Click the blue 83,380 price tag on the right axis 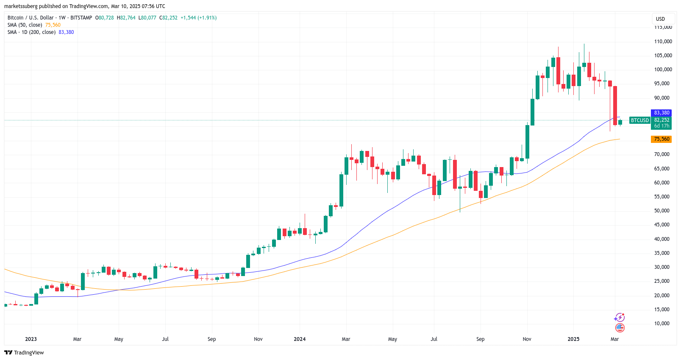click(661, 113)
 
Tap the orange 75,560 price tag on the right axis click(661, 139)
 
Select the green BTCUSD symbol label click(639, 120)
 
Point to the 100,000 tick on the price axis click(663, 70)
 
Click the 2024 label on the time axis click(300, 339)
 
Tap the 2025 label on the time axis click(573, 339)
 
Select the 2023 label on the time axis click(31, 339)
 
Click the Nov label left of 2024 click(258, 339)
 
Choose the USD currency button click(660, 19)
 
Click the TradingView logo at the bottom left click(24, 353)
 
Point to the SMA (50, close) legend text click(25, 25)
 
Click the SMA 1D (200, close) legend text click(31, 32)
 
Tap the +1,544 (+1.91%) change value click(198, 18)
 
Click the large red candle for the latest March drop click(615, 106)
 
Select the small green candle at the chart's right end click(620, 122)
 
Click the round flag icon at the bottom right click(620, 328)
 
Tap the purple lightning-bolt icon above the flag click(620, 318)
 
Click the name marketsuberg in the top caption click(21, 6)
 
